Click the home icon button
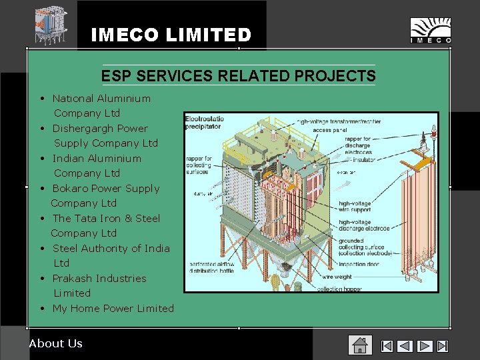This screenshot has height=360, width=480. [359, 345]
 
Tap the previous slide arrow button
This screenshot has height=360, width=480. [405, 346]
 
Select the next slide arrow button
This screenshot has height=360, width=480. [425, 346]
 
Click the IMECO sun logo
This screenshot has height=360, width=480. [430, 30]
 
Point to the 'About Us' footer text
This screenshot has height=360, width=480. [56, 343]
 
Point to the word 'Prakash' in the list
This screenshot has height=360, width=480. [73, 278]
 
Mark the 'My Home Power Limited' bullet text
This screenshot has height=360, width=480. [113, 308]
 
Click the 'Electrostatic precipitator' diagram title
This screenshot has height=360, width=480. [205, 122]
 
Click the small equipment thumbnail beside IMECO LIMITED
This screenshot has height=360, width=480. [51, 25]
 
